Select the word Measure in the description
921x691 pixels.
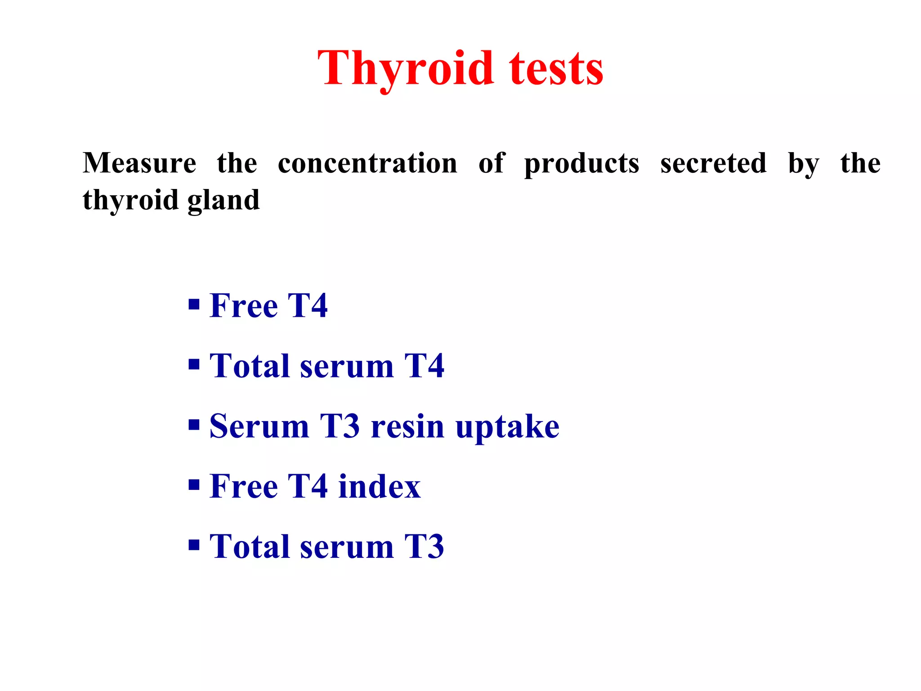139,163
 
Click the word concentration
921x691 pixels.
367,163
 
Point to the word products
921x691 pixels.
581,164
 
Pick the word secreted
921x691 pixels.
713,163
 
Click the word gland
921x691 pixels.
223,201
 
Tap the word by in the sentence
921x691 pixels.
804,164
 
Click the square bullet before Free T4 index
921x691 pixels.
194,485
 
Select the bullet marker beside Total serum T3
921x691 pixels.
194,545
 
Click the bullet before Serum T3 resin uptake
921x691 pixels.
194,425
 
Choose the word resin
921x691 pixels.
407,426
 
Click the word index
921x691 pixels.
379,486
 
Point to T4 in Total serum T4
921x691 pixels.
424,366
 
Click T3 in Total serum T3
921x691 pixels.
424,547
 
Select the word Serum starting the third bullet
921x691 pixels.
259,426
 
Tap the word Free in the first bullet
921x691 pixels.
243,306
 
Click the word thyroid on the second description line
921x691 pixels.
130,201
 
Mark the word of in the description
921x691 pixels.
492,163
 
